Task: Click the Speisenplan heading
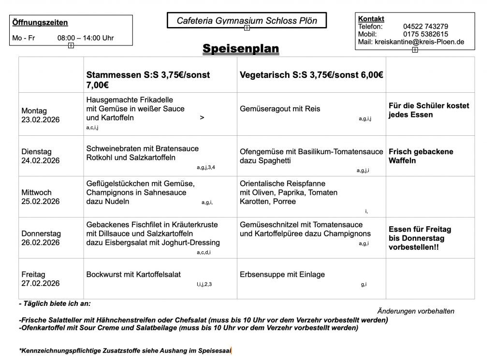pos(241,48)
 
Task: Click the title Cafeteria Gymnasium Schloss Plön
pos(247,20)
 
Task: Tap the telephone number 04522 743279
pos(425,27)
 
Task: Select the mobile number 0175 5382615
pos(425,34)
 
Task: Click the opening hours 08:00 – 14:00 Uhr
pos(86,38)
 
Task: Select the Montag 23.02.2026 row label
pos(41,115)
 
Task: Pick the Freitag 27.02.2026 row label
pos(41,279)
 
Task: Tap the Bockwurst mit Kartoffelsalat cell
pos(133,274)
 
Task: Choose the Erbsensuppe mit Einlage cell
pos(282,274)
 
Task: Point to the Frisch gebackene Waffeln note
pos(421,156)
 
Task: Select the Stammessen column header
pos(148,79)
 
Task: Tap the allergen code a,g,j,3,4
pos(206,167)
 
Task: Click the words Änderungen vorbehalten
pos(415,311)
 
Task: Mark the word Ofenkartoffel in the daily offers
pos(42,328)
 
